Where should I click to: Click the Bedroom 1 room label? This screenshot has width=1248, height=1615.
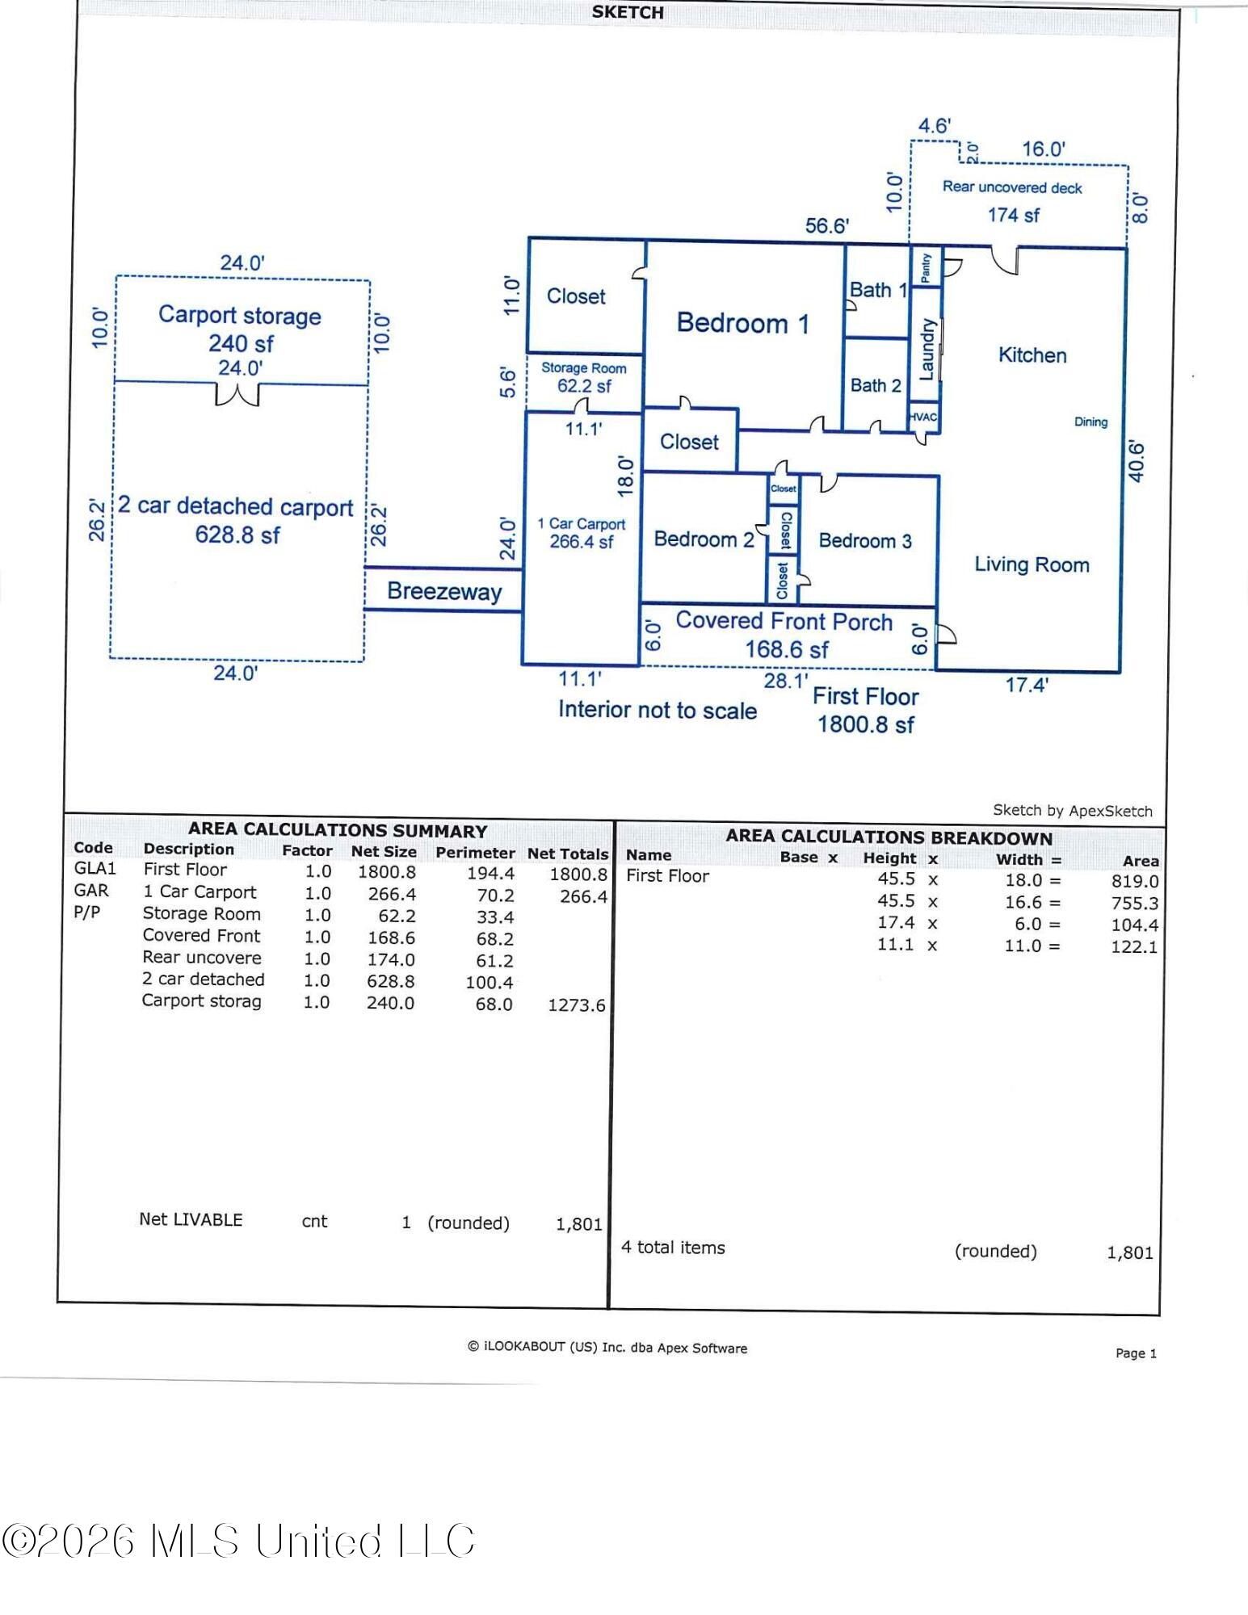click(742, 323)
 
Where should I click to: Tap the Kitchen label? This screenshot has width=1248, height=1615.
click(1032, 355)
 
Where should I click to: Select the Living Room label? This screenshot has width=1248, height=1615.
click(1032, 564)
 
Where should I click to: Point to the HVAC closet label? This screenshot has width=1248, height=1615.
click(923, 417)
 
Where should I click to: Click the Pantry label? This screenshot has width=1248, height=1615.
click(926, 267)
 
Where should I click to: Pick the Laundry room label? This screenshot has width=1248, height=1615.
click(927, 349)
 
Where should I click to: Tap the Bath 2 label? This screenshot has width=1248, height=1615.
click(876, 386)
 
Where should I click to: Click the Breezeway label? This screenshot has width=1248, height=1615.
click(444, 591)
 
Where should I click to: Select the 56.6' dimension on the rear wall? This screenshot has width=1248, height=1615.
click(827, 226)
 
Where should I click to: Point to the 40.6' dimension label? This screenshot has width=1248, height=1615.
click(1136, 461)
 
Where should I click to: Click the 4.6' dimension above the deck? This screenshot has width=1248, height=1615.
click(935, 126)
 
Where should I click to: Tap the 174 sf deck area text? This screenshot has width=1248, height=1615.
click(1014, 216)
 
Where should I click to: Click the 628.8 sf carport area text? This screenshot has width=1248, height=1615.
click(237, 535)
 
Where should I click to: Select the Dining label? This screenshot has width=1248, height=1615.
click(1090, 422)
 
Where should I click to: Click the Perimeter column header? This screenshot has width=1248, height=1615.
click(475, 853)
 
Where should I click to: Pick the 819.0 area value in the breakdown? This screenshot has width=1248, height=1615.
click(1135, 882)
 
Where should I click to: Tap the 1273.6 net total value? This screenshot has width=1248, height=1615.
click(577, 1005)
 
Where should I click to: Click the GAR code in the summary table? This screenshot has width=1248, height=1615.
click(91, 891)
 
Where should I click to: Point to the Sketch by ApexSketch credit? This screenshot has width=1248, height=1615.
click(1073, 811)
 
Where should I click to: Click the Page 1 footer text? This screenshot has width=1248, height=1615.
click(1137, 1353)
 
